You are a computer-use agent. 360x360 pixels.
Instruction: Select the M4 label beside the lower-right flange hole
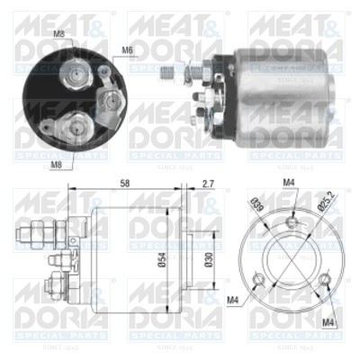click(331, 319)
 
